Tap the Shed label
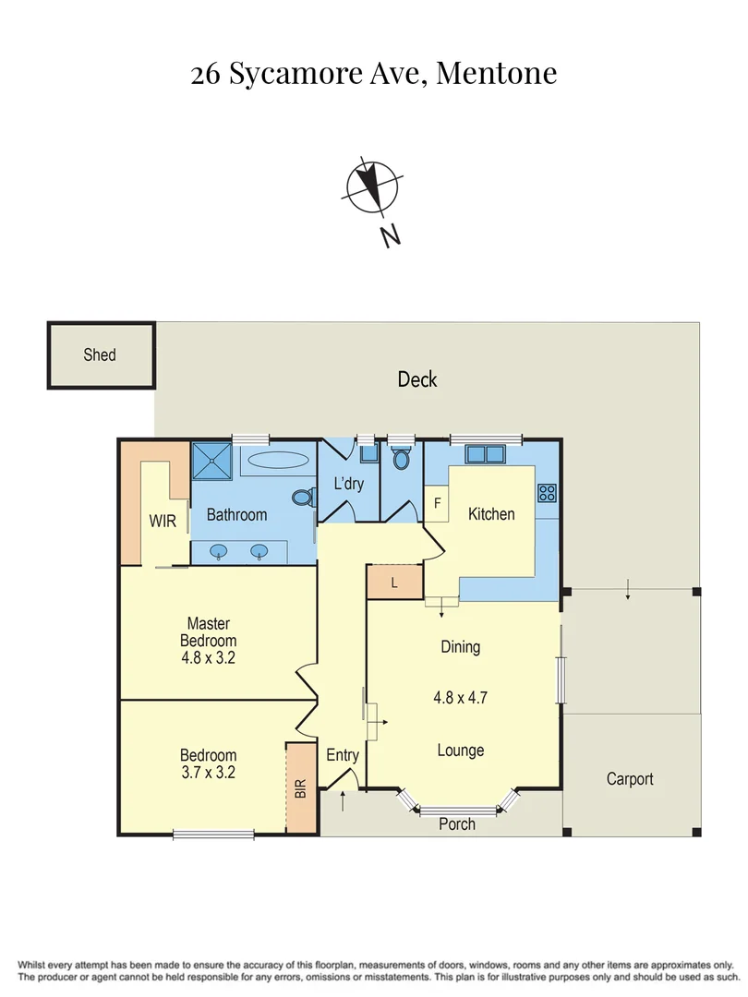[x=100, y=354]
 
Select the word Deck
[x=416, y=379]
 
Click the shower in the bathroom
[x=214, y=460]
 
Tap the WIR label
[x=163, y=521]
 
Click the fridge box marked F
[x=437, y=504]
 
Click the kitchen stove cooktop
[x=547, y=493]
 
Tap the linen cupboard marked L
[x=394, y=583]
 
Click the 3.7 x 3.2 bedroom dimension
[x=208, y=773]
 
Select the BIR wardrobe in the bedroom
[x=300, y=788]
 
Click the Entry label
[x=343, y=755]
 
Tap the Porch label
[x=457, y=823]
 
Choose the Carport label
[x=630, y=779]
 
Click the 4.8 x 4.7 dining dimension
[x=460, y=698]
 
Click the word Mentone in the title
[x=496, y=73]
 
